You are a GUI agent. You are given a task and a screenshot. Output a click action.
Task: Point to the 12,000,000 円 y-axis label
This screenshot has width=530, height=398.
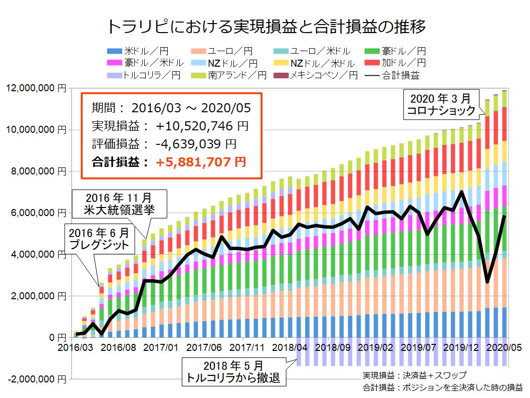(35, 88)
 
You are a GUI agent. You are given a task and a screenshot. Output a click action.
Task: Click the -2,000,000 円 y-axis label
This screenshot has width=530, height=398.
(34, 379)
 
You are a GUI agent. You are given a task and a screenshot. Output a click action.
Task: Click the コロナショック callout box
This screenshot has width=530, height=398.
(441, 104)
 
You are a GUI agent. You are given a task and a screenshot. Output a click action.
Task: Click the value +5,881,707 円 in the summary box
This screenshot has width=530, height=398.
(200, 162)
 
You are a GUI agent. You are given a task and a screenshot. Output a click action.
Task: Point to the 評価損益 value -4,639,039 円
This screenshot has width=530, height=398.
(196, 144)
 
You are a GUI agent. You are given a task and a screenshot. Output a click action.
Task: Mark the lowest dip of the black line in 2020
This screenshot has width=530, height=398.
(487, 282)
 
